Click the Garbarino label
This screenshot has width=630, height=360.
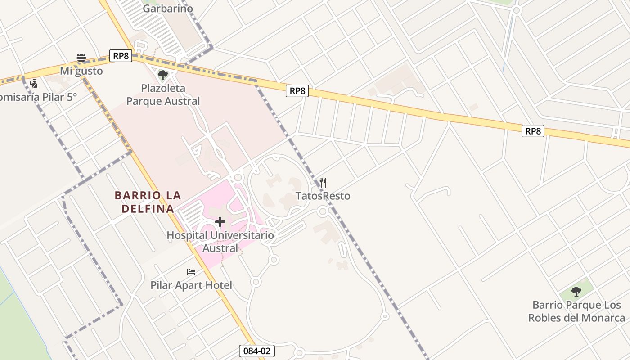[x=168, y=9]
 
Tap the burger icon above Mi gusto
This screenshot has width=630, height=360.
[x=81, y=57]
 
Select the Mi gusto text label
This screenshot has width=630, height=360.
[x=81, y=71]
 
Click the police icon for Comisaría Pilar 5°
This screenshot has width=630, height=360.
[x=33, y=83]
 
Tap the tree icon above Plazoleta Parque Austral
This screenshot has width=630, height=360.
[x=163, y=75]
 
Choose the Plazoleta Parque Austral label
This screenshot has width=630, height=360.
[x=163, y=94]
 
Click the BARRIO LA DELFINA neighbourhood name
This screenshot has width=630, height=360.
[x=148, y=202]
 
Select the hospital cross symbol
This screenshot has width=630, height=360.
[x=220, y=222]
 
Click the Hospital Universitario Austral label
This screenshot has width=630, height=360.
[x=220, y=242]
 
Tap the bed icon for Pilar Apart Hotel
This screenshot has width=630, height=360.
[x=191, y=272]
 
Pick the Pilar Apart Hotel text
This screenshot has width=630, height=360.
[x=191, y=285]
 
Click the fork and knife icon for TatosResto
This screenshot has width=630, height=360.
[x=323, y=182]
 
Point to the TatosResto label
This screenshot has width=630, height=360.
[x=323, y=196]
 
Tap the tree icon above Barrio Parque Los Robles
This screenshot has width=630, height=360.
[x=576, y=292]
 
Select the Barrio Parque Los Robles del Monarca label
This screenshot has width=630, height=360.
[x=576, y=311]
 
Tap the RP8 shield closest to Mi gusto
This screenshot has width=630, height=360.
[x=121, y=56]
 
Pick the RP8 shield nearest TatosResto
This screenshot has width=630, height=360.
[x=297, y=91]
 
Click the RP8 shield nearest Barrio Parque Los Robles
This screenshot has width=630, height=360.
[x=533, y=131]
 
